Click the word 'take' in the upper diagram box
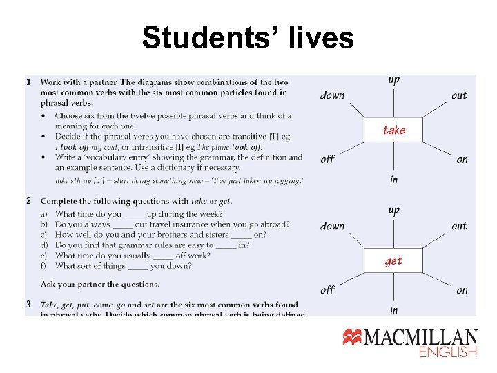(394, 130)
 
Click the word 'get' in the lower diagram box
(393, 261)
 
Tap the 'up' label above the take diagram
(393, 80)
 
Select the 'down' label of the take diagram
(332, 95)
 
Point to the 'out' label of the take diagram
(459, 95)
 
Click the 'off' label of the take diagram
(328, 159)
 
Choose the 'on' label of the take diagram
(462, 160)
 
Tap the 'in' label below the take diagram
(393, 180)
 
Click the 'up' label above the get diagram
(393, 211)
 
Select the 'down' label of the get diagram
(332, 226)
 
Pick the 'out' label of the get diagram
(459, 226)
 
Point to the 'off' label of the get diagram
(328, 289)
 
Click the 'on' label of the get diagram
(462, 290)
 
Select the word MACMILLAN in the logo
(421, 337)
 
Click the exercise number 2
(28, 201)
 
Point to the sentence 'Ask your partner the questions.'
(100, 284)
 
